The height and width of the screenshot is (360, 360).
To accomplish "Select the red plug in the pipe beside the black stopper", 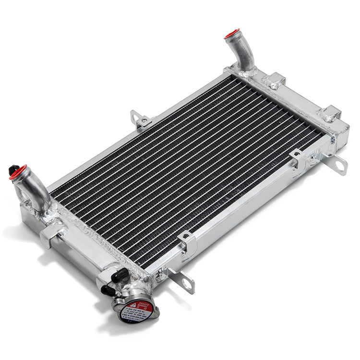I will (18, 172).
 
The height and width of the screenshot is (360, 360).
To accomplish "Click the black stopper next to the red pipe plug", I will (12, 169).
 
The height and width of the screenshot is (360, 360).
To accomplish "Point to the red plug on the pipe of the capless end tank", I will (232, 34).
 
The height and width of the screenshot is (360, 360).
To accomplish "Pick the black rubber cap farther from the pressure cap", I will (120, 275).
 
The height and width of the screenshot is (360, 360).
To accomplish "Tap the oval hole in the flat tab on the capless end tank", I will (340, 166).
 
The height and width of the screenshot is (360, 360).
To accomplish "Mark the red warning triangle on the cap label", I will (132, 305).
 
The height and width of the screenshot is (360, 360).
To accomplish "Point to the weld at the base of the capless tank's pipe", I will (247, 72).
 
